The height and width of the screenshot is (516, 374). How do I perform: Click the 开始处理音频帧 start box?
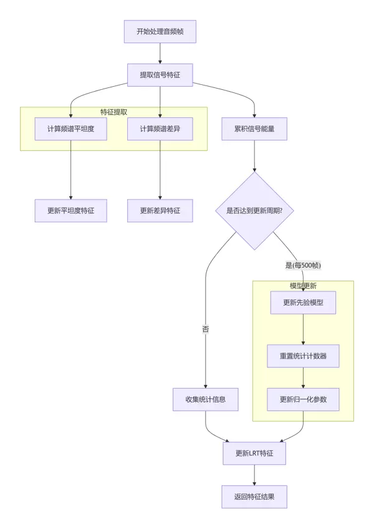click(x=160, y=31)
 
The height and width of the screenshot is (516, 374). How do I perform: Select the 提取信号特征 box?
click(x=160, y=75)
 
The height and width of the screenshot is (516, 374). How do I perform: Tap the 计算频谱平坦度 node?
click(x=71, y=129)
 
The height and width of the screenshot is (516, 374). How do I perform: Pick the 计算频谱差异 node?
click(x=160, y=129)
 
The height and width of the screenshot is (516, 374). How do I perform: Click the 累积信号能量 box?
click(x=254, y=129)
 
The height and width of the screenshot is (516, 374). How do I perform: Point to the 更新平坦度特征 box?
click(x=71, y=210)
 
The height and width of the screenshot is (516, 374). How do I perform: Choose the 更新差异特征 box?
click(x=160, y=210)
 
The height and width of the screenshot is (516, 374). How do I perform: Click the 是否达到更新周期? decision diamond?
click(x=254, y=210)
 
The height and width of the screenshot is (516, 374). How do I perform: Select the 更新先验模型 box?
click(x=303, y=303)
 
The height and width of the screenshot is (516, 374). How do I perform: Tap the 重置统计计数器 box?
click(x=303, y=356)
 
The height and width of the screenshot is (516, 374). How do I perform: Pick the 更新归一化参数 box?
click(x=303, y=399)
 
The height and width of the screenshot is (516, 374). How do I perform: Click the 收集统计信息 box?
click(x=206, y=399)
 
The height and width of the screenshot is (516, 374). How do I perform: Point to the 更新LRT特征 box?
click(x=254, y=454)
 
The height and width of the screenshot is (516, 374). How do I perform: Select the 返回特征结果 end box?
click(x=254, y=497)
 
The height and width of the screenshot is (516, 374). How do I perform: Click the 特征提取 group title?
click(x=114, y=112)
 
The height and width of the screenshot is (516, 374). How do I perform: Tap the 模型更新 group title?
click(x=303, y=286)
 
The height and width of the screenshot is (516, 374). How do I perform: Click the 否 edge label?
click(x=206, y=329)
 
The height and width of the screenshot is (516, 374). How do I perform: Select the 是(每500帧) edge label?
click(x=303, y=265)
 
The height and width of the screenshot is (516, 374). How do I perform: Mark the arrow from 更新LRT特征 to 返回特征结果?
click(x=254, y=475)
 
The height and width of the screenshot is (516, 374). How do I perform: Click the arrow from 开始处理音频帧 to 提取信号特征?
click(x=160, y=53)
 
